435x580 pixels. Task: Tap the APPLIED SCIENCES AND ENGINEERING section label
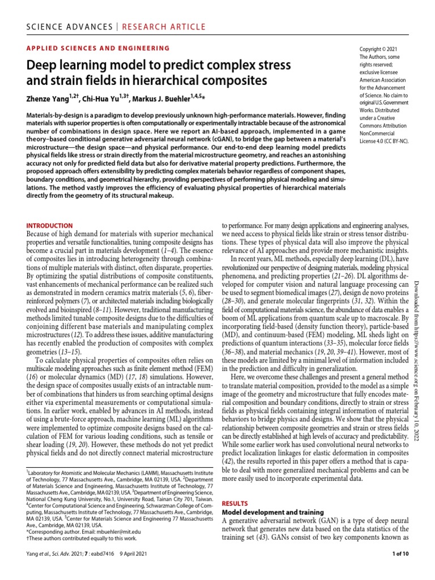coord(98,49)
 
